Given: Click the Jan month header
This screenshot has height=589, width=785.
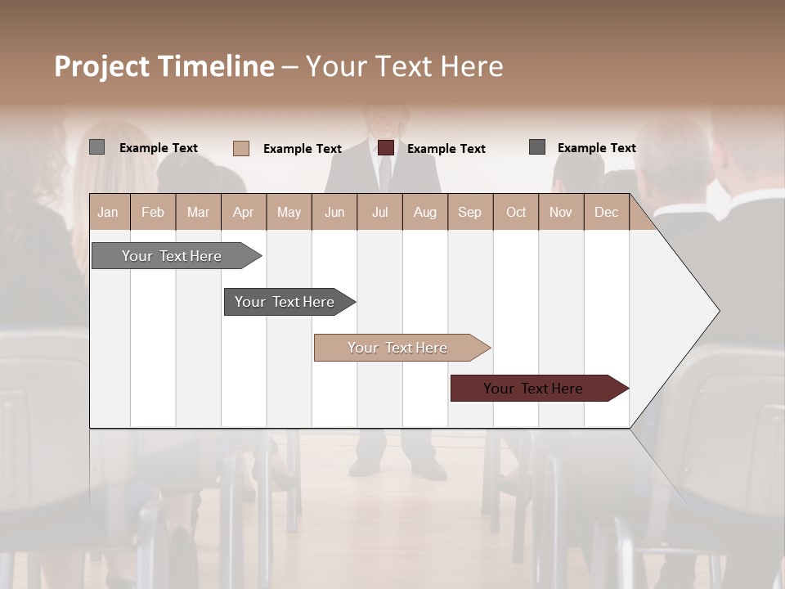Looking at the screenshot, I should (109, 212).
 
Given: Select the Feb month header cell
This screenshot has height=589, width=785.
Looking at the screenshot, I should (153, 212).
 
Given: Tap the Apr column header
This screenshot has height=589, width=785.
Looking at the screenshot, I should (244, 212).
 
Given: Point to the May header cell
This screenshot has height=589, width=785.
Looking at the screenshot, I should (289, 212).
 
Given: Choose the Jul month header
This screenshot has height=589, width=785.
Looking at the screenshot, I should (379, 212).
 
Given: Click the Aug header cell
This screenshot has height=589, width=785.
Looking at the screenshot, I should (425, 212).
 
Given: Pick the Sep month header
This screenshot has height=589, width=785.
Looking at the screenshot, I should (470, 212).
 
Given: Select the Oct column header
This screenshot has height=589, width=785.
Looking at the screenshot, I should (516, 212).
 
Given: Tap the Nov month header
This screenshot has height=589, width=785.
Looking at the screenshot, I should (561, 212).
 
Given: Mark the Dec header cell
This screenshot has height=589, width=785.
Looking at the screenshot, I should (607, 212).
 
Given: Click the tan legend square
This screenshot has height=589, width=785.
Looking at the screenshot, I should (241, 148).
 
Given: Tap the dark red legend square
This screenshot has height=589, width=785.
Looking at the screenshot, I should (386, 147).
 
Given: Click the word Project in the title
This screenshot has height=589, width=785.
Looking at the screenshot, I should (101, 66).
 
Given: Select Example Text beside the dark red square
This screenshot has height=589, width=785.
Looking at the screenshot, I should (446, 149).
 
